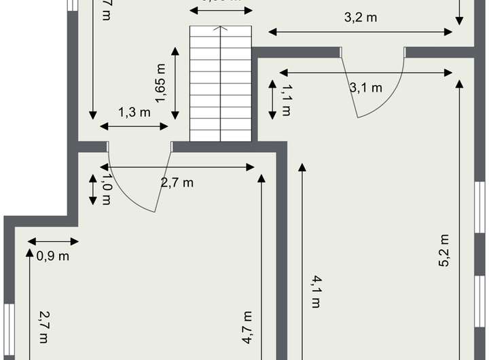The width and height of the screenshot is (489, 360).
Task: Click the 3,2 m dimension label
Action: click(361, 18)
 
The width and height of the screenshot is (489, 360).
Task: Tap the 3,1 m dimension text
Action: click(366, 87)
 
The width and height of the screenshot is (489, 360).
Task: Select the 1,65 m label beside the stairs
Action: click(161, 83)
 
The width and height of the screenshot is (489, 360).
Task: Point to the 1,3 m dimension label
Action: click(134, 113)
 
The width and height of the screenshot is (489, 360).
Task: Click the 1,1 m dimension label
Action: click(286, 99)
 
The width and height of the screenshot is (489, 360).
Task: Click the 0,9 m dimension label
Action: click(54, 256)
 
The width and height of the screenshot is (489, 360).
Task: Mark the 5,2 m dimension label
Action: click(445, 251)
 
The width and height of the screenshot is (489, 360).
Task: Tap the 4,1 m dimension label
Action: click(315, 291)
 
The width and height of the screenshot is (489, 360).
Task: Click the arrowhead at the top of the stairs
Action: click(220, 29)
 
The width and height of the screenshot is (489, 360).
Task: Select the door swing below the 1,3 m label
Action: click(136, 183)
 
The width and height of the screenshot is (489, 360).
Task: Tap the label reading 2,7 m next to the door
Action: click(177, 182)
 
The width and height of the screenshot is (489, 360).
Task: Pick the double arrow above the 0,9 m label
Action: click(54, 241)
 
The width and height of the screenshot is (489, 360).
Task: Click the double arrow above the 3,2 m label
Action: click(361, 31)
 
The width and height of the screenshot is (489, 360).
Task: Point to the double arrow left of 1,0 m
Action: click(93, 189)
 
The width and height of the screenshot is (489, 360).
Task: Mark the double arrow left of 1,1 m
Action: click(272, 99)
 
